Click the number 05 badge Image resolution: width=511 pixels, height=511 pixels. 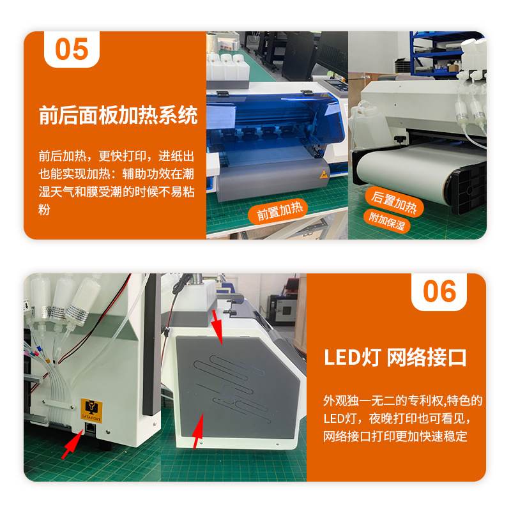(x=72, y=49)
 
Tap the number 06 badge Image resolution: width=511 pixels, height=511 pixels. (x=439, y=292)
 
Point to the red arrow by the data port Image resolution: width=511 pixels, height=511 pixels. (x=73, y=444)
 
